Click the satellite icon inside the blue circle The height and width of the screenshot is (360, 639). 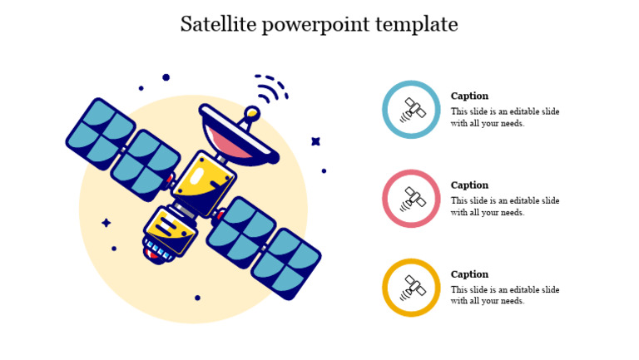coord(411,109)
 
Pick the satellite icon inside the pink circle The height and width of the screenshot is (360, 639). coord(411,199)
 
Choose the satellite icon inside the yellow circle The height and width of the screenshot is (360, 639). coord(411,288)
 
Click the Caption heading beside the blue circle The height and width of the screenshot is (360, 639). coord(469,96)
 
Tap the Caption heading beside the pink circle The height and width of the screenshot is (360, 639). coord(469,185)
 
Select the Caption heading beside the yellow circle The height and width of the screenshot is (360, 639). coord(469,274)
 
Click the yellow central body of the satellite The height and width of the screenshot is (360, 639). coord(204,181)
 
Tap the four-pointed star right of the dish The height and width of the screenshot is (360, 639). coord(316,141)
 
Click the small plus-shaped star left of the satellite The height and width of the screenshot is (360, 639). coord(106,223)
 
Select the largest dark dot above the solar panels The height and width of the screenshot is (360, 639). coord(166,77)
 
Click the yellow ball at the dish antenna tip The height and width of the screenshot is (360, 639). coord(251,112)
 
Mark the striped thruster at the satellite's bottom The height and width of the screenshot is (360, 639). coord(157,250)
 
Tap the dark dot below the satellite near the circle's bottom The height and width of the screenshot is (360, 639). coord(197,298)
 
